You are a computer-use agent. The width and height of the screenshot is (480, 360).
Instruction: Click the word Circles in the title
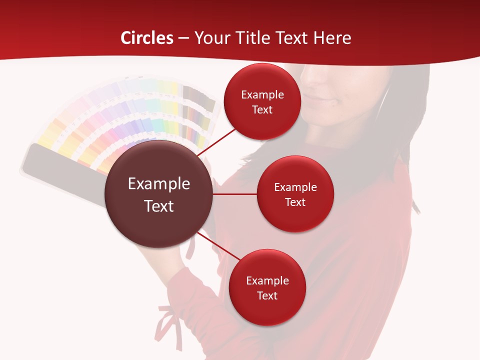[146, 38]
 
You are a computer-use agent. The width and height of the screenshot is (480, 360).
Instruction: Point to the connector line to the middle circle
[235, 194]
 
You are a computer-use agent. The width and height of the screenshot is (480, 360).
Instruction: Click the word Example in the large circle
[159, 183]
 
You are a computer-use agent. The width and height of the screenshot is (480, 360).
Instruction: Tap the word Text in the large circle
[159, 206]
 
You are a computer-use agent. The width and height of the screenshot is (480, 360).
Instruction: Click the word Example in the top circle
[262, 94]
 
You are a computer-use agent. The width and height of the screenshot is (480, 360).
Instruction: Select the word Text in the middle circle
[295, 202]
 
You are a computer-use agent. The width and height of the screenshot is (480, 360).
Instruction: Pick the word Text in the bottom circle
[267, 295]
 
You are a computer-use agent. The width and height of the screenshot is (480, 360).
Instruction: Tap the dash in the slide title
[183, 38]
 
